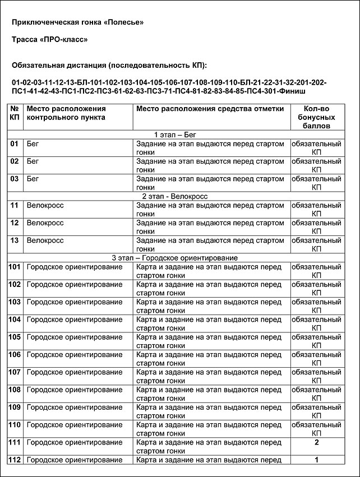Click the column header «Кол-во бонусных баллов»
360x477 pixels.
(319, 117)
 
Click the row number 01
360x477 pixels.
(15, 144)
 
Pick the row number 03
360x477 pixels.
(15, 179)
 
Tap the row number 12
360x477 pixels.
(15, 223)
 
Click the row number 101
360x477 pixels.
(15, 267)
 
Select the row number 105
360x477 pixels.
(15, 337)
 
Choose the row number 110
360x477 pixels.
(15, 425)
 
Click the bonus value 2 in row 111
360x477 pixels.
(317, 442)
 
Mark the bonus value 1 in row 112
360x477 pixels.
(317, 460)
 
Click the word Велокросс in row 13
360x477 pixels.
(45, 240)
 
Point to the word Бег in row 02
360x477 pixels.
(34, 161)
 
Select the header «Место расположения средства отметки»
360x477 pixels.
(210, 109)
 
